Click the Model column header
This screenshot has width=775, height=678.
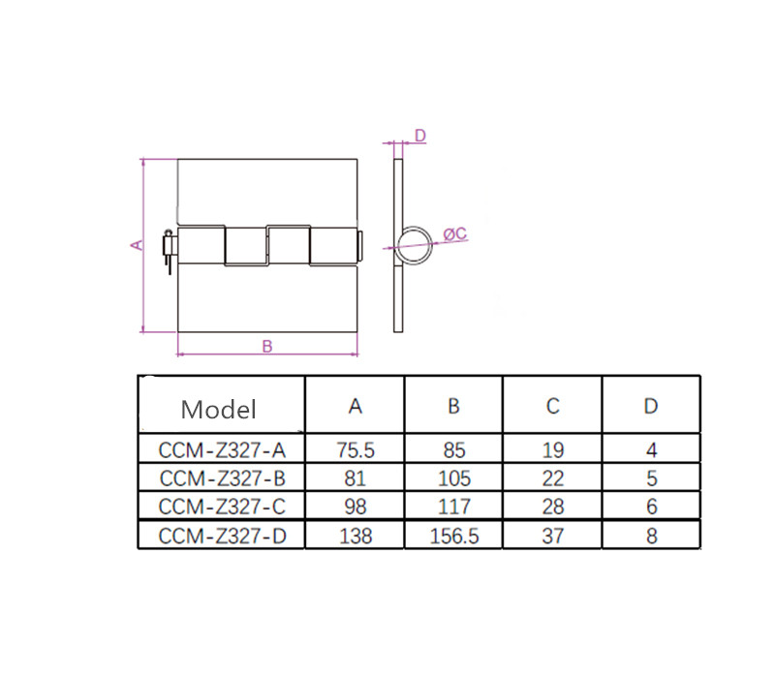click(x=219, y=408)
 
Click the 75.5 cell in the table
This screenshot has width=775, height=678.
click(x=356, y=450)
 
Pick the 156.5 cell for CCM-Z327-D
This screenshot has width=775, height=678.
click(x=453, y=536)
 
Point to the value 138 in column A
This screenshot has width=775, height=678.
click(x=356, y=536)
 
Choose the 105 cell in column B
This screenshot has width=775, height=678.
click(x=453, y=478)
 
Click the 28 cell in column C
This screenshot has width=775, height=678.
click(x=552, y=507)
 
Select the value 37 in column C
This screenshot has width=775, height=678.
click(x=552, y=536)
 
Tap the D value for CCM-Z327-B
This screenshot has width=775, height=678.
click(x=651, y=478)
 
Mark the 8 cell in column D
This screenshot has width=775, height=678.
click(x=651, y=536)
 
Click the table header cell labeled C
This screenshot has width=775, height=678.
click(x=552, y=406)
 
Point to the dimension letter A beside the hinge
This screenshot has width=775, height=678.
click(x=137, y=245)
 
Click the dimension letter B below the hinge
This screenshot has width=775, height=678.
click(x=267, y=345)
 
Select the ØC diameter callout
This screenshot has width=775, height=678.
click(x=455, y=233)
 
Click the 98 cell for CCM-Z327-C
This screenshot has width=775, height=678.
click(x=356, y=507)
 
